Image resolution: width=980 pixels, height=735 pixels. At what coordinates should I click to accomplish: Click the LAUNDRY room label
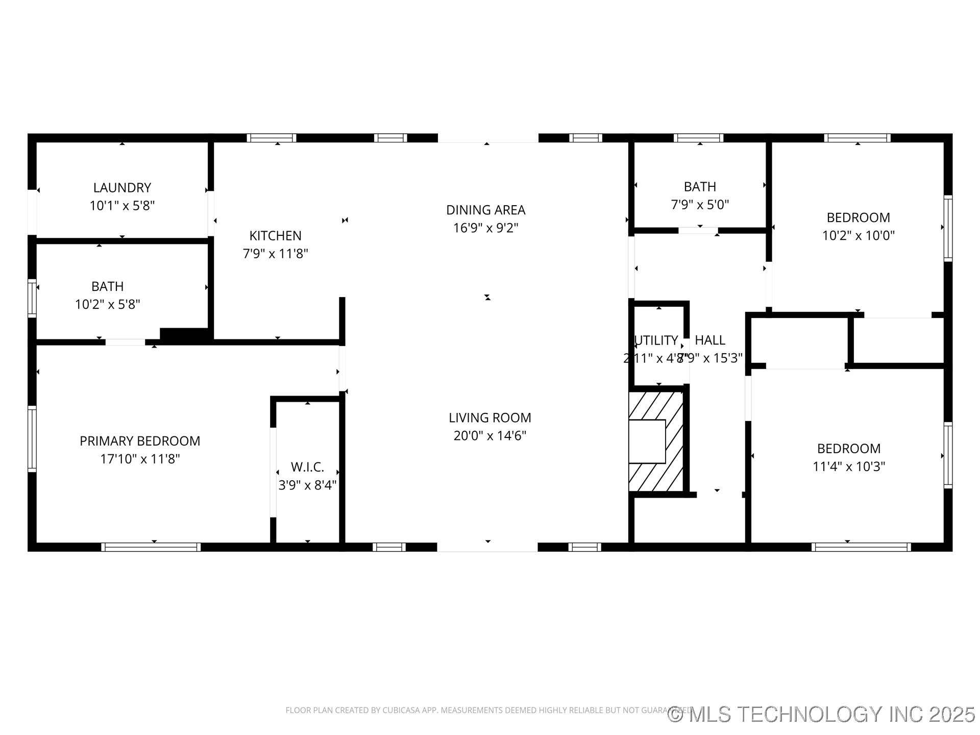pos(122,188)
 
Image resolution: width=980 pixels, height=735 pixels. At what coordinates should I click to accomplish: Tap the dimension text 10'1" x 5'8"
pos(122,206)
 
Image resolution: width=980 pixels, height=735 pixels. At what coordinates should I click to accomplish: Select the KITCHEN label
pos(275,236)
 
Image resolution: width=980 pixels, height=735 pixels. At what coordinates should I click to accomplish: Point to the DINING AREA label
pos(485,210)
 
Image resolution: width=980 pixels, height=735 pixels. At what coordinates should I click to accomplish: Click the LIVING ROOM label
pos(489,418)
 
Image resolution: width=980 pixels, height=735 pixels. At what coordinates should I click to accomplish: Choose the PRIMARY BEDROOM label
pos(140,441)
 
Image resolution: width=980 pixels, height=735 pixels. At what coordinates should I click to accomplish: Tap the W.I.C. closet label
pos(307,467)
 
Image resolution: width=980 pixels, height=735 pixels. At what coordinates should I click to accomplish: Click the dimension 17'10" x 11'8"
pos(140,459)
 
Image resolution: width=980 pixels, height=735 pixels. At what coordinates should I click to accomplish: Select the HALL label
pos(710,340)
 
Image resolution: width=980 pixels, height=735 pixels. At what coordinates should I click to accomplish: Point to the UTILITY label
pos(656,340)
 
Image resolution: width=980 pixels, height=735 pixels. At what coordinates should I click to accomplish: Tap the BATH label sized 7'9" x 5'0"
pos(700,187)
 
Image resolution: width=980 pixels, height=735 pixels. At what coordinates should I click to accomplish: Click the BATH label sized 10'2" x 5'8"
pos(107,286)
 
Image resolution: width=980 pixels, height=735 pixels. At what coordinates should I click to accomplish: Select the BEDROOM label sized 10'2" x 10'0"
pos(858,217)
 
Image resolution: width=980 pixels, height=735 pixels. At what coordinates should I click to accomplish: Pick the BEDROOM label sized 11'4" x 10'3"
pos(848,449)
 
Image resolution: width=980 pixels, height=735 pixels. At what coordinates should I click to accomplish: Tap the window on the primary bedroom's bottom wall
pos(151,547)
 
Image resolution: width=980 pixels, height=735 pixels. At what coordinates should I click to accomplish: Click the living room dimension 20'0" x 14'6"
pos(489,435)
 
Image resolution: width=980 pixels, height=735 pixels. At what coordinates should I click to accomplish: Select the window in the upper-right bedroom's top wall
pos(857,138)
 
